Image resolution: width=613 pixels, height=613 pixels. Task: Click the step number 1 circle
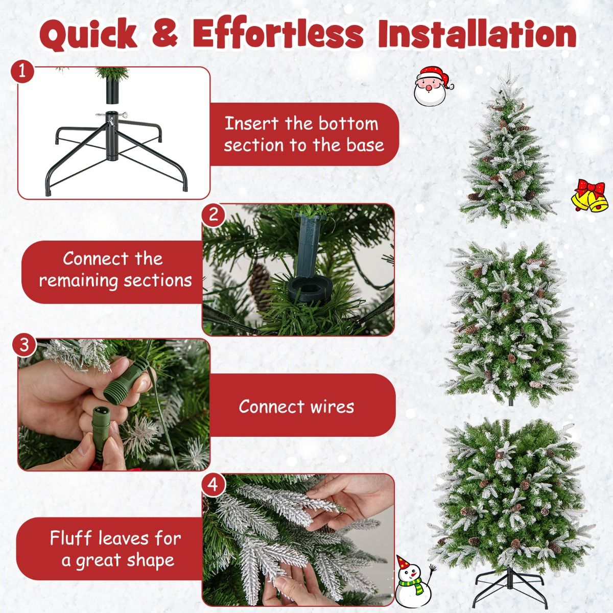pyautogui.click(x=21, y=72)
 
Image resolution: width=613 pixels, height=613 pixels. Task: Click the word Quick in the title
pyautogui.click(x=88, y=34)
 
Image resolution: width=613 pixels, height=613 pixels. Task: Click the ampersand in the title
pyautogui.click(x=164, y=34)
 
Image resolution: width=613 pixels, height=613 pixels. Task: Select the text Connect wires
pyautogui.click(x=296, y=407)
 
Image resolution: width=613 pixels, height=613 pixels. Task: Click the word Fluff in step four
pyautogui.click(x=72, y=538)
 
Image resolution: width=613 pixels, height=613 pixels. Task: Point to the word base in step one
pyautogui.click(x=365, y=145)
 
